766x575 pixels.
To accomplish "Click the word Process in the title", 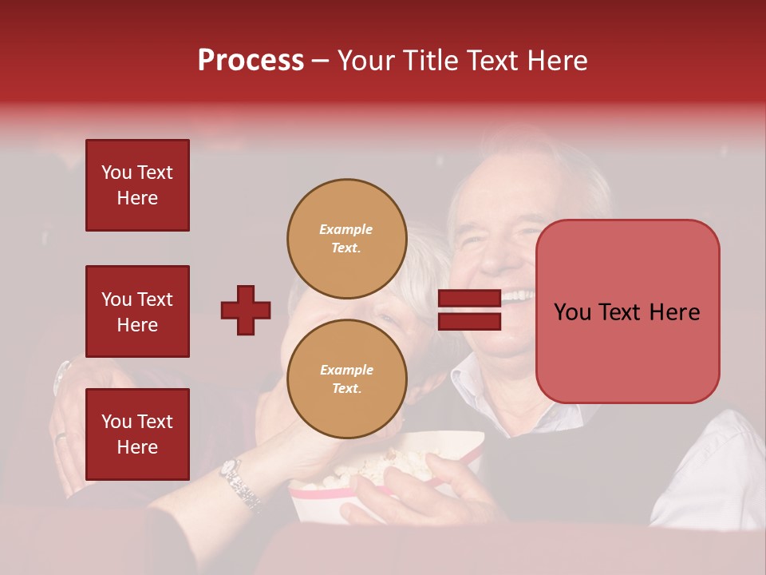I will pyautogui.click(x=251, y=61).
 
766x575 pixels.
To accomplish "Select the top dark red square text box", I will pyautogui.click(x=137, y=185).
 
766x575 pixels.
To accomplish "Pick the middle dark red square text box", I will pyautogui.click(x=137, y=311).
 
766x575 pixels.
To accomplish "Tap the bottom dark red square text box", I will pyautogui.click(x=137, y=434).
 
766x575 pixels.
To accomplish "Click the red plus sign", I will pyautogui.click(x=246, y=310).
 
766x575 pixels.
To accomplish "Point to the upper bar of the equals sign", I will pyautogui.click(x=470, y=298).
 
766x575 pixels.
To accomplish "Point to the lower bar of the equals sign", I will pyautogui.click(x=470, y=321).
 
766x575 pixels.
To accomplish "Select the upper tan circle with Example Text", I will pyautogui.click(x=345, y=237).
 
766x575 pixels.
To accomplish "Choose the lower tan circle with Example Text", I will pyautogui.click(x=345, y=379).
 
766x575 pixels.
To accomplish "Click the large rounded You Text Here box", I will pyautogui.click(x=627, y=311).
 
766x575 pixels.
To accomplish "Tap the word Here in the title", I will pyautogui.click(x=558, y=61).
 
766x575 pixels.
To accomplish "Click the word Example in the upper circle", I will pyautogui.click(x=345, y=229).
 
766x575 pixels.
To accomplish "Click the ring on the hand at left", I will pyautogui.click(x=61, y=436).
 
